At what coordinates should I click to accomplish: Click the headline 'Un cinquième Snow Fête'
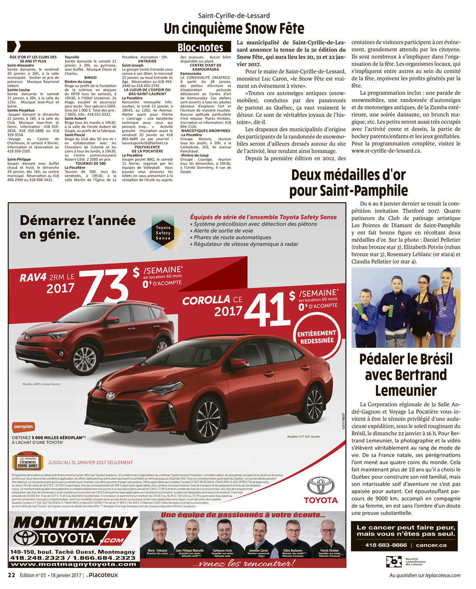tap(234, 29)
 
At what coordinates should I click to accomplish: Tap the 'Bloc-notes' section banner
tap(200, 47)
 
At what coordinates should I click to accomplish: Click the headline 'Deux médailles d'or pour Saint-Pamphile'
tap(348, 183)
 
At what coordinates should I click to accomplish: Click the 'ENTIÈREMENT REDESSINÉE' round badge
tap(317, 337)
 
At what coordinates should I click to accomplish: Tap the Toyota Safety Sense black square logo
tap(163, 233)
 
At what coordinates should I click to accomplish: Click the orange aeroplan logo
tap(24, 427)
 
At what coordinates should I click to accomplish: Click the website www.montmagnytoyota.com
tap(73, 564)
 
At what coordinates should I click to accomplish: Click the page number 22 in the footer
tap(11, 575)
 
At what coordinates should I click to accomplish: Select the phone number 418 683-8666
tap(386, 545)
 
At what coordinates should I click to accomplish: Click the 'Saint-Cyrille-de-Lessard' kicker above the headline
tap(234, 16)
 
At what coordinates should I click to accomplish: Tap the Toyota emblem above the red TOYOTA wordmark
tap(320, 486)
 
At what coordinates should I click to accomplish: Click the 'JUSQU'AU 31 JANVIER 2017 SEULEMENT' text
tap(90, 462)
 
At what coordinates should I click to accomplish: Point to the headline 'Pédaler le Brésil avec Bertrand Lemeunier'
tap(406, 374)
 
